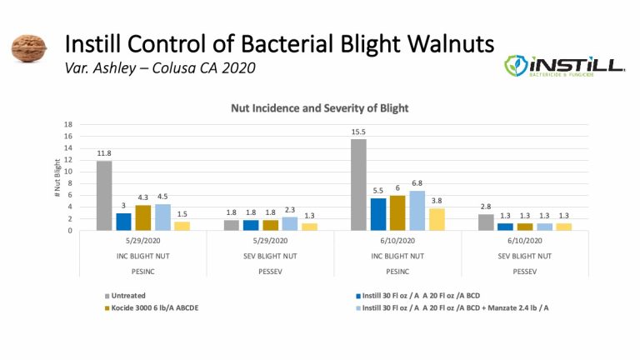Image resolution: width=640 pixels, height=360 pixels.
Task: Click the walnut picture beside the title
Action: click(x=27, y=48)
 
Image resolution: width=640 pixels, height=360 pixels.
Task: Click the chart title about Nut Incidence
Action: click(x=319, y=109)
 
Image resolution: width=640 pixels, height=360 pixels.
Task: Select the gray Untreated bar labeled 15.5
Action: click(x=357, y=184)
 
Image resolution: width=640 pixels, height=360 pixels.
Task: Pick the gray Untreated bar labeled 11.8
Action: click(x=103, y=195)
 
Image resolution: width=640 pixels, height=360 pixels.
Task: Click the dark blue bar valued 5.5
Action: click(x=378, y=213)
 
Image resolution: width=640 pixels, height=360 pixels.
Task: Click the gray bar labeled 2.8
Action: click(x=485, y=222)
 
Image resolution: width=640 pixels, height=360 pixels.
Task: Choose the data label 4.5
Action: click(x=163, y=197)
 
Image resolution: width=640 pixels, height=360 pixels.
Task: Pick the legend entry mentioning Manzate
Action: click(x=450, y=307)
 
